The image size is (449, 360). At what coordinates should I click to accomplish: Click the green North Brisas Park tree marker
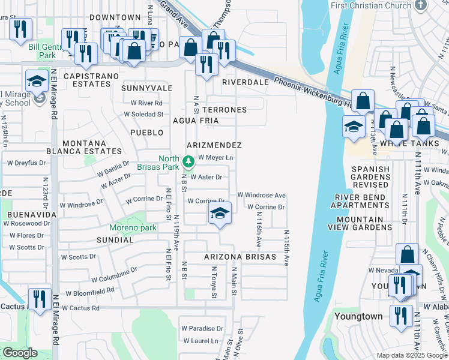click(x=188, y=161)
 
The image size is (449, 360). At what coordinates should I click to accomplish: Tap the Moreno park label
click(x=133, y=227)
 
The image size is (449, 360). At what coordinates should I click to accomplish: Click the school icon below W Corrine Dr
click(x=220, y=214)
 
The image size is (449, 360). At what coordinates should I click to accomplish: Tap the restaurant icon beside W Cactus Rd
click(x=40, y=299)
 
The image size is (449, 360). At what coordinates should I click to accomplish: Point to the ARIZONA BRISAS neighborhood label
click(x=240, y=257)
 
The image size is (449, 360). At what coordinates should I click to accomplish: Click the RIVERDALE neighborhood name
click(x=245, y=82)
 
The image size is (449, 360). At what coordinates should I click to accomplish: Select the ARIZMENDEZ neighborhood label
click(x=214, y=145)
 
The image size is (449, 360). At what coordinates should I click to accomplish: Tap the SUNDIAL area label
click(x=115, y=240)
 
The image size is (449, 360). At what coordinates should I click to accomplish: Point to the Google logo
click(x=20, y=353)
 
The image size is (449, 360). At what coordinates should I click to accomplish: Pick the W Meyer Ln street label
click(x=215, y=157)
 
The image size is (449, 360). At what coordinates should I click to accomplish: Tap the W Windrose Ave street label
click(x=261, y=195)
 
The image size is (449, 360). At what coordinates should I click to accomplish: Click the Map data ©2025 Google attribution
click(x=411, y=355)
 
